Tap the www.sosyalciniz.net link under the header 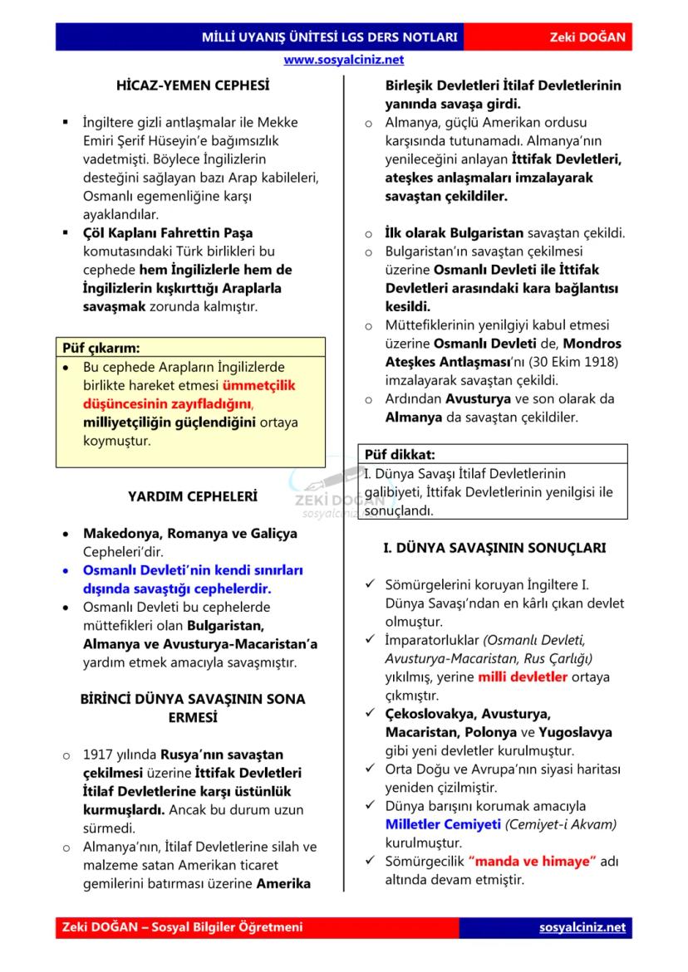(x=343, y=60)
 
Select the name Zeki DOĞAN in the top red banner (x=587, y=38)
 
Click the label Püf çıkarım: (x=102, y=348)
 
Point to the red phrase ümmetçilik (x=258, y=385)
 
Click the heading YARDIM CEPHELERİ (x=192, y=496)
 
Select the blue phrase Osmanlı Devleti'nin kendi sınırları (x=193, y=570)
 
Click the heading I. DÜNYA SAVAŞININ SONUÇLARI (x=494, y=549)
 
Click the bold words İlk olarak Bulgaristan (x=455, y=232)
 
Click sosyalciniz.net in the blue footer (x=582, y=927)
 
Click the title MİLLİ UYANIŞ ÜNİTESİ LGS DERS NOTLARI (x=330, y=38)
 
